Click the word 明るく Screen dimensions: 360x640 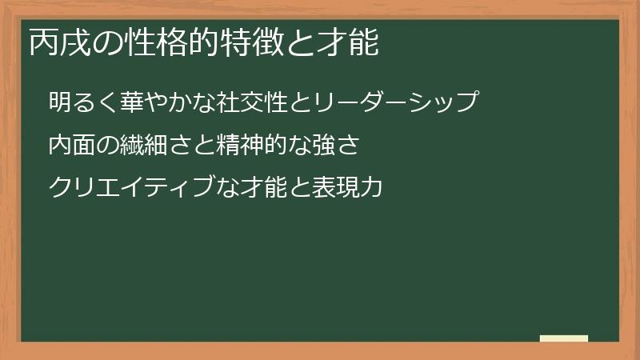[x=82, y=103]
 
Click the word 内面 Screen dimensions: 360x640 [x=70, y=146]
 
